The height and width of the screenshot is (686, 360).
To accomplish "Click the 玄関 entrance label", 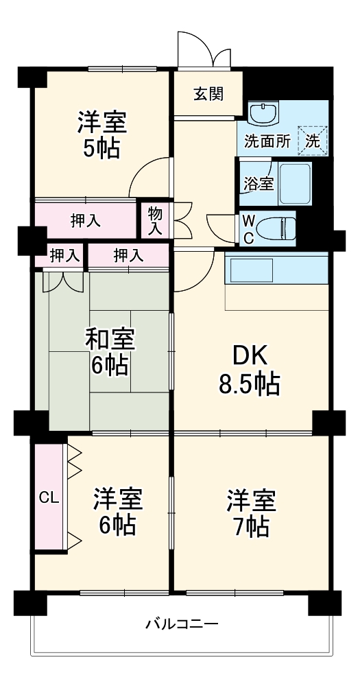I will pos(207,95).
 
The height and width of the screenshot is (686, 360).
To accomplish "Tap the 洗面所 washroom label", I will pos(267,143).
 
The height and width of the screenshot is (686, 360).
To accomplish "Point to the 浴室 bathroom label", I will pos(259,183).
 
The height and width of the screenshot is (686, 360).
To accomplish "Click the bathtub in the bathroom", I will pos(296,183).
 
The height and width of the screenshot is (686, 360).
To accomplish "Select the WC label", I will pos(249,228).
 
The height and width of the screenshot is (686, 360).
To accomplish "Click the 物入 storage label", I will pos(155,220).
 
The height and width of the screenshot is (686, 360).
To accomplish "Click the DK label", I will pos(250,356).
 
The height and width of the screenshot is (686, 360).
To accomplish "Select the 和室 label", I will pos(110,338).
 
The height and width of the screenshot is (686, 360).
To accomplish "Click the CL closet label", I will pos(48,497).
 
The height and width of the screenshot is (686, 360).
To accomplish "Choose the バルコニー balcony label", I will pos(182,624).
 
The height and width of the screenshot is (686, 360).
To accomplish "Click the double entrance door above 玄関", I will pos(204,50).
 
